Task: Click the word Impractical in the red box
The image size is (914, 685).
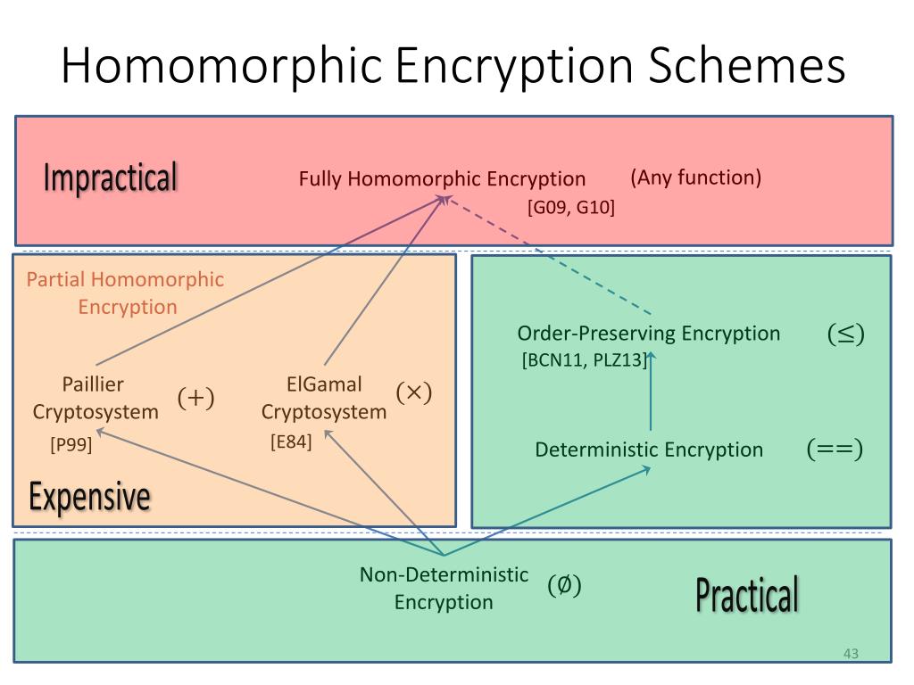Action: (x=111, y=177)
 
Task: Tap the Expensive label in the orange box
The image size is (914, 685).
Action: (x=89, y=496)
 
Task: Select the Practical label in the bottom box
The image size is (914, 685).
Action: (x=747, y=595)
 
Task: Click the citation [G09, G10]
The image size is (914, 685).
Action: (x=571, y=208)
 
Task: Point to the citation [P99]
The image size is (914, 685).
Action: (x=71, y=443)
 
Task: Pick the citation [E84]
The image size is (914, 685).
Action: (x=291, y=441)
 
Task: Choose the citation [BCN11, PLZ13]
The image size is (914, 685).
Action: (x=584, y=360)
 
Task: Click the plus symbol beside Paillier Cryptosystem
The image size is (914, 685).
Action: (x=196, y=398)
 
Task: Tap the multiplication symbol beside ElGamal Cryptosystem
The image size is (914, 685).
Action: (x=413, y=392)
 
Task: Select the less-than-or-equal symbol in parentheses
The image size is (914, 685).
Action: (x=845, y=334)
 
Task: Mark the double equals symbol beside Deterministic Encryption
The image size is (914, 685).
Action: (x=835, y=449)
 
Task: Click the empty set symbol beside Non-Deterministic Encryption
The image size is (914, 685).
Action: (x=564, y=586)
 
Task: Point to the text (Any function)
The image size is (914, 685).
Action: (x=696, y=177)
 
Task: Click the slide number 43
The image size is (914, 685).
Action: (x=851, y=654)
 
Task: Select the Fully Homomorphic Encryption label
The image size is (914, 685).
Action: (x=442, y=178)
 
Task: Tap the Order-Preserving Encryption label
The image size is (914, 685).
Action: (x=649, y=334)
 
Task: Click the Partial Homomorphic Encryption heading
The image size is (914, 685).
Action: (x=125, y=293)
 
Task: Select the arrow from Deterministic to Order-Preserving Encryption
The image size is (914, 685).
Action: (x=652, y=392)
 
